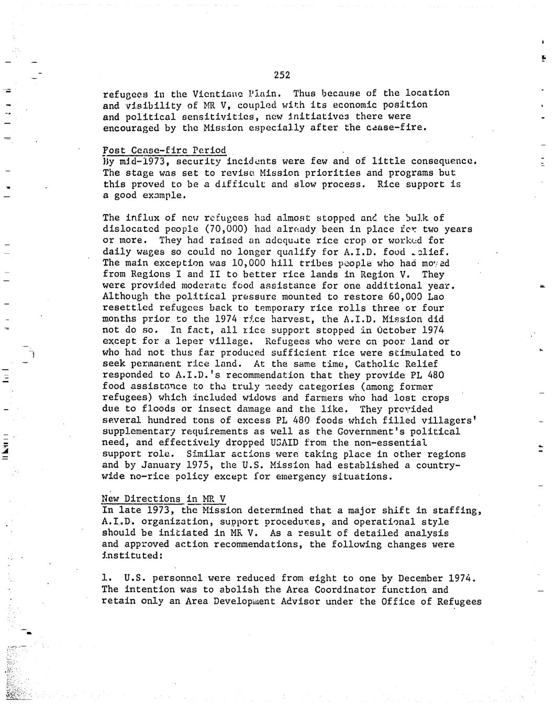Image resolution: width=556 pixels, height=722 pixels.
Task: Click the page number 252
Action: [x=282, y=75]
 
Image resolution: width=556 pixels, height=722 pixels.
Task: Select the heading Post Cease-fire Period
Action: [x=164, y=151]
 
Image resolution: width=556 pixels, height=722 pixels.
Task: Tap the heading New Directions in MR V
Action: [x=163, y=499]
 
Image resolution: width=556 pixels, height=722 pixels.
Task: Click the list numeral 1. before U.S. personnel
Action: [x=107, y=578]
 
